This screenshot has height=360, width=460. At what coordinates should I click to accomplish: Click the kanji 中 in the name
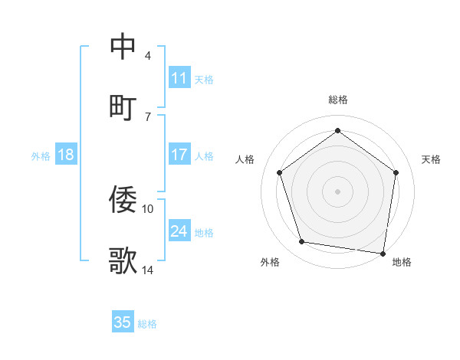coord(123,47)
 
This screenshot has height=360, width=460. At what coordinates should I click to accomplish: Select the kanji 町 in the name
coord(123,107)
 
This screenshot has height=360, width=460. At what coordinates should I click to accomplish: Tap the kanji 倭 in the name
coord(123,200)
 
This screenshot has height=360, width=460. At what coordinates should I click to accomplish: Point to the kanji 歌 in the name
coord(123,261)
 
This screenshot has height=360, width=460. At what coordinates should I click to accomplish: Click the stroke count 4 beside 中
coord(147,56)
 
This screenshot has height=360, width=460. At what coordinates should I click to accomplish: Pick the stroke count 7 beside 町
coord(147,116)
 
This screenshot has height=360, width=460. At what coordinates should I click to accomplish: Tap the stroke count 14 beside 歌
coord(148,270)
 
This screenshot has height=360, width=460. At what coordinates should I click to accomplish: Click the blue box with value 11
coord(179,78)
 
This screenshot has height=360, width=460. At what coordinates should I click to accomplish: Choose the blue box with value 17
coord(179,155)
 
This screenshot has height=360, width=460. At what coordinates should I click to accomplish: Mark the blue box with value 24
coord(179,231)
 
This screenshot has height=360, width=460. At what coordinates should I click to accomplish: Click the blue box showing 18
coord(66,155)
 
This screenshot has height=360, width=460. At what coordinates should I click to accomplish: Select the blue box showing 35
coord(123,322)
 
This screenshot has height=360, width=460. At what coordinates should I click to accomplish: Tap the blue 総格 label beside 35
coord(147,324)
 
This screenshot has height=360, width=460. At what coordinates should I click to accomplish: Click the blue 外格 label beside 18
coord(41,156)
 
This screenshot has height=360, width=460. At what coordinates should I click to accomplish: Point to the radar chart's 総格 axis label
coord(338,100)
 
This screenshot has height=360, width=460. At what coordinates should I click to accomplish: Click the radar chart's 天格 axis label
coord(431,159)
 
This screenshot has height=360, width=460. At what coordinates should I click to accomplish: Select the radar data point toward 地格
coord(383,253)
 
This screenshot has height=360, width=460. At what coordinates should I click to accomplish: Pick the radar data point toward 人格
coord(280,172)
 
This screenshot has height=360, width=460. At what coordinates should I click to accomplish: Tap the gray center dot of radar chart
coord(338,191)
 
